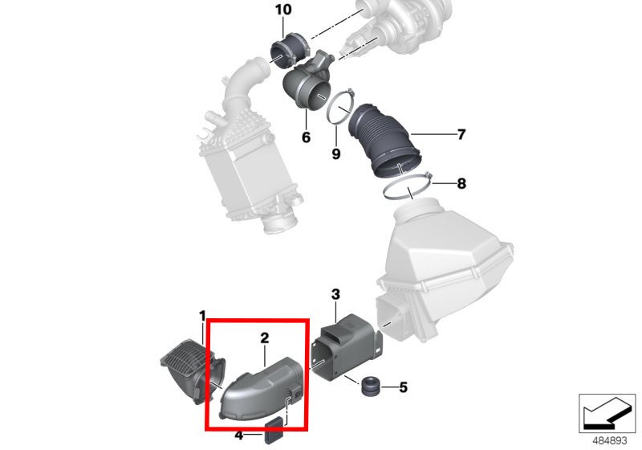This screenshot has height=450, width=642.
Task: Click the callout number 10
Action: tap(283, 9)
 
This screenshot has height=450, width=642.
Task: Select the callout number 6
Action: tap(306, 137)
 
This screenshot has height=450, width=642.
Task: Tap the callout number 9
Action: tap(335, 154)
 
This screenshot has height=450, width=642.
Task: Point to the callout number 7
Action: tap(461, 134)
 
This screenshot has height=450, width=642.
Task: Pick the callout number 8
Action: tap(461, 183)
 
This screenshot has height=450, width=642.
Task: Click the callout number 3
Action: tap(335, 294)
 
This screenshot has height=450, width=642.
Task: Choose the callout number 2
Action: tap(265, 338)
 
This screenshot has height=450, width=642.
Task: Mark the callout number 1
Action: tap(202, 316)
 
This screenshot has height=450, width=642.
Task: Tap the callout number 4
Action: tap(239, 436)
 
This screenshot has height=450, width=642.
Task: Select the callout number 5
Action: tap(404, 387)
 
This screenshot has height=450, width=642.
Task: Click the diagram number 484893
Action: tap(610, 440)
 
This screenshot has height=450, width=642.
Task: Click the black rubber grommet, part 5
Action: tap(371, 387)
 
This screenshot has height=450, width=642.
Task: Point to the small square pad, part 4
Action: tap(274, 431)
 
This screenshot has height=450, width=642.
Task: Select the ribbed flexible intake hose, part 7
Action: tap(380, 139)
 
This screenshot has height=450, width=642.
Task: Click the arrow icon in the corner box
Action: tap(607, 413)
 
